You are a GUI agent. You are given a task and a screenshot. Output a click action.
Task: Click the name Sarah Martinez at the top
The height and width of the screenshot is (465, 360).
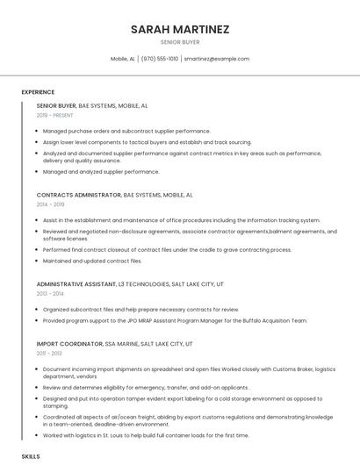[x=180, y=29]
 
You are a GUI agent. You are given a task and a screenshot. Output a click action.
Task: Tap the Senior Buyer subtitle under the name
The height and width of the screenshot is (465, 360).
[x=180, y=43]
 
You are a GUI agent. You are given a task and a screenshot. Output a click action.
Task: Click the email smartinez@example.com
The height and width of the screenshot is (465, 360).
[x=216, y=59]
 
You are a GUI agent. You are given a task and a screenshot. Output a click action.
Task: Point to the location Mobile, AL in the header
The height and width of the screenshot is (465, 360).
[x=123, y=59]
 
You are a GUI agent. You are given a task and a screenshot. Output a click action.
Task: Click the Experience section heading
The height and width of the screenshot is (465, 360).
[x=38, y=92]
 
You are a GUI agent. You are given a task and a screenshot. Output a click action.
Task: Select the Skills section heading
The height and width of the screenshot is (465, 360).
[x=31, y=457]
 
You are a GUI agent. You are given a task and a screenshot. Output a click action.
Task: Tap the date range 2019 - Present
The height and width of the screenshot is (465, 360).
[x=55, y=115]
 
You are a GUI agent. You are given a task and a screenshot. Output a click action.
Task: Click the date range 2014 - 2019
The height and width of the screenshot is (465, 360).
[x=50, y=204]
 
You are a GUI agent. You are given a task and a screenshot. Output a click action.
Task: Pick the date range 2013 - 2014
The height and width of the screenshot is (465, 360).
[x=50, y=294]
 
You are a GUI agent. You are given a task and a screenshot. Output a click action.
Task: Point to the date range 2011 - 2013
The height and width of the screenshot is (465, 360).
[x=49, y=354]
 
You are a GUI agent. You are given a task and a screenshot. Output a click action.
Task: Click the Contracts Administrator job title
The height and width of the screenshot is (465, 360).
[x=79, y=195]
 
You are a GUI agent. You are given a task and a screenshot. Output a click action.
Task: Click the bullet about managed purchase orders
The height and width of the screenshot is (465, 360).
[x=126, y=131]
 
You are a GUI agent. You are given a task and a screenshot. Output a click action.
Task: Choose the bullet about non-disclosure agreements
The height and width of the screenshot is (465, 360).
[x=189, y=234]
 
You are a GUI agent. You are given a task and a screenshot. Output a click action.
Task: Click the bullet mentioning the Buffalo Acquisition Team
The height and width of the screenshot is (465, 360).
[x=176, y=321]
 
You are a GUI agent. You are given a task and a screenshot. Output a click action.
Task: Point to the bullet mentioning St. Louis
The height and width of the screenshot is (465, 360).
[x=146, y=435]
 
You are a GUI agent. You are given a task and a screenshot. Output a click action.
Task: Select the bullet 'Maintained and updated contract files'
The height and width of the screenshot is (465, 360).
[x=92, y=261]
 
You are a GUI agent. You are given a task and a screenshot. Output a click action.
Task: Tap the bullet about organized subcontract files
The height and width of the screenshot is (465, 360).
[x=140, y=310]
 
